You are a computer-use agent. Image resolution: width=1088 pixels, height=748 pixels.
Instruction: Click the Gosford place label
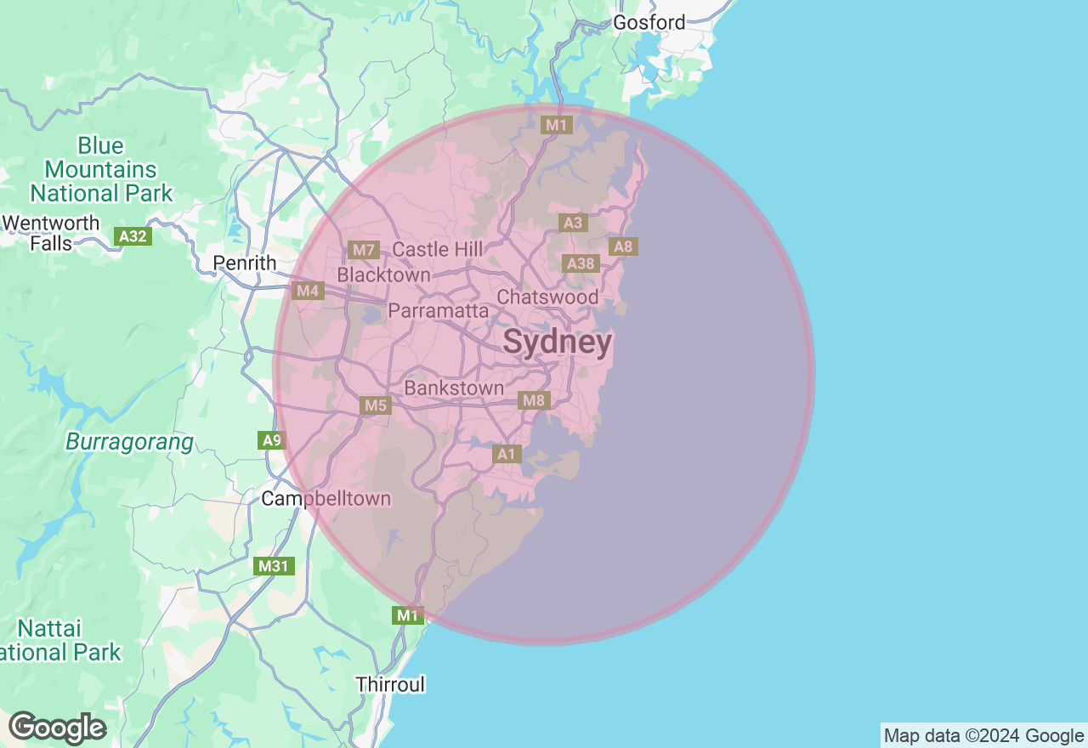coord(649,23)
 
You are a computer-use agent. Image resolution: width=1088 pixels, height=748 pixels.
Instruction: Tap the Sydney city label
coord(557,343)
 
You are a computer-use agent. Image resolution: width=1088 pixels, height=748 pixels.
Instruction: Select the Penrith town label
coord(245,263)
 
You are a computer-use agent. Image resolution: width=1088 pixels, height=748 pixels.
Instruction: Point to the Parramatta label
coord(438,311)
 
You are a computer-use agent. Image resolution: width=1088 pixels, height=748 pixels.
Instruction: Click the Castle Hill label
coord(437,250)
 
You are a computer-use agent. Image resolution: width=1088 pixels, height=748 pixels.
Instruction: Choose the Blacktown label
coord(383,275)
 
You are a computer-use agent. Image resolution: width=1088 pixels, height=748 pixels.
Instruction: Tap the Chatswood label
coord(547,297)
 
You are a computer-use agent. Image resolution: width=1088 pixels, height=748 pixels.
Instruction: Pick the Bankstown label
coord(454,388)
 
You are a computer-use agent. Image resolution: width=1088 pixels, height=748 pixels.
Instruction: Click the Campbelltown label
coord(326,499)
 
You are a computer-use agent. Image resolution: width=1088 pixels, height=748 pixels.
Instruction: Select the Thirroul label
coord(390,684)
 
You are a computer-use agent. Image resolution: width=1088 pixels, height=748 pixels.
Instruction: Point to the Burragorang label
coord(129,443)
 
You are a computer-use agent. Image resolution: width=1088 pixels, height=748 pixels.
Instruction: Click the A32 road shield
coord(133,236)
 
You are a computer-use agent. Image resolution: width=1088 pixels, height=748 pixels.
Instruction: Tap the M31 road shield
coord(275,566)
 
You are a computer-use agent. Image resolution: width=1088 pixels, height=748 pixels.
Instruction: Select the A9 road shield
coord(271,440)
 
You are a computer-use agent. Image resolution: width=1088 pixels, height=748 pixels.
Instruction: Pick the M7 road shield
coord(363,250)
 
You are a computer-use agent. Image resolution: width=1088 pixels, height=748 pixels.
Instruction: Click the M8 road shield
coord(534,400)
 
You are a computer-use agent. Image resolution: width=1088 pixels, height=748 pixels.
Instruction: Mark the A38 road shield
coord(581,263)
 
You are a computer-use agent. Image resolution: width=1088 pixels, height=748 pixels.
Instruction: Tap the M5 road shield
coord(376,405)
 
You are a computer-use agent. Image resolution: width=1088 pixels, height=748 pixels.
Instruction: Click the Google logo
coord(57,728)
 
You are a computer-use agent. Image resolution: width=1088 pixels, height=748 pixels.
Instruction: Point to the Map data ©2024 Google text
coord(983,736)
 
